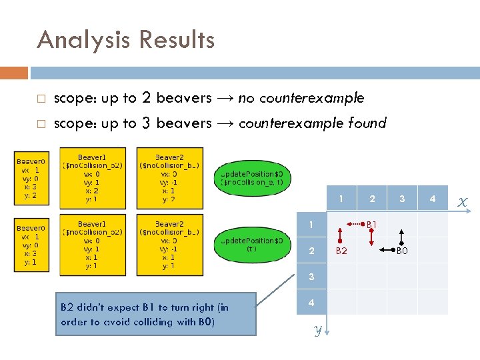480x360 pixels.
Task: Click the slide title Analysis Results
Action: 126,40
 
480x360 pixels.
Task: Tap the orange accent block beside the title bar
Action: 13,73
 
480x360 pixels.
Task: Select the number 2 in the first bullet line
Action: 147,98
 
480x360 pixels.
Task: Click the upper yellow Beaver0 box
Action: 31,178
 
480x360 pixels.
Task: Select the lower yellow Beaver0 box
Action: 31,244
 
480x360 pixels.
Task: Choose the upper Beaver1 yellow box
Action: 91,177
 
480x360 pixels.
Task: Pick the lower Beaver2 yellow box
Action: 169,245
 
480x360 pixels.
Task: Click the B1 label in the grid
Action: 371,225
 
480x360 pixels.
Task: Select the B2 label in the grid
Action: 341,251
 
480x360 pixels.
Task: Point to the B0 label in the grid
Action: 402,251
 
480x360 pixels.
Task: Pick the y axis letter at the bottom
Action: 319,330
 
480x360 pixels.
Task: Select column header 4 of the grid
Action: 433,199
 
